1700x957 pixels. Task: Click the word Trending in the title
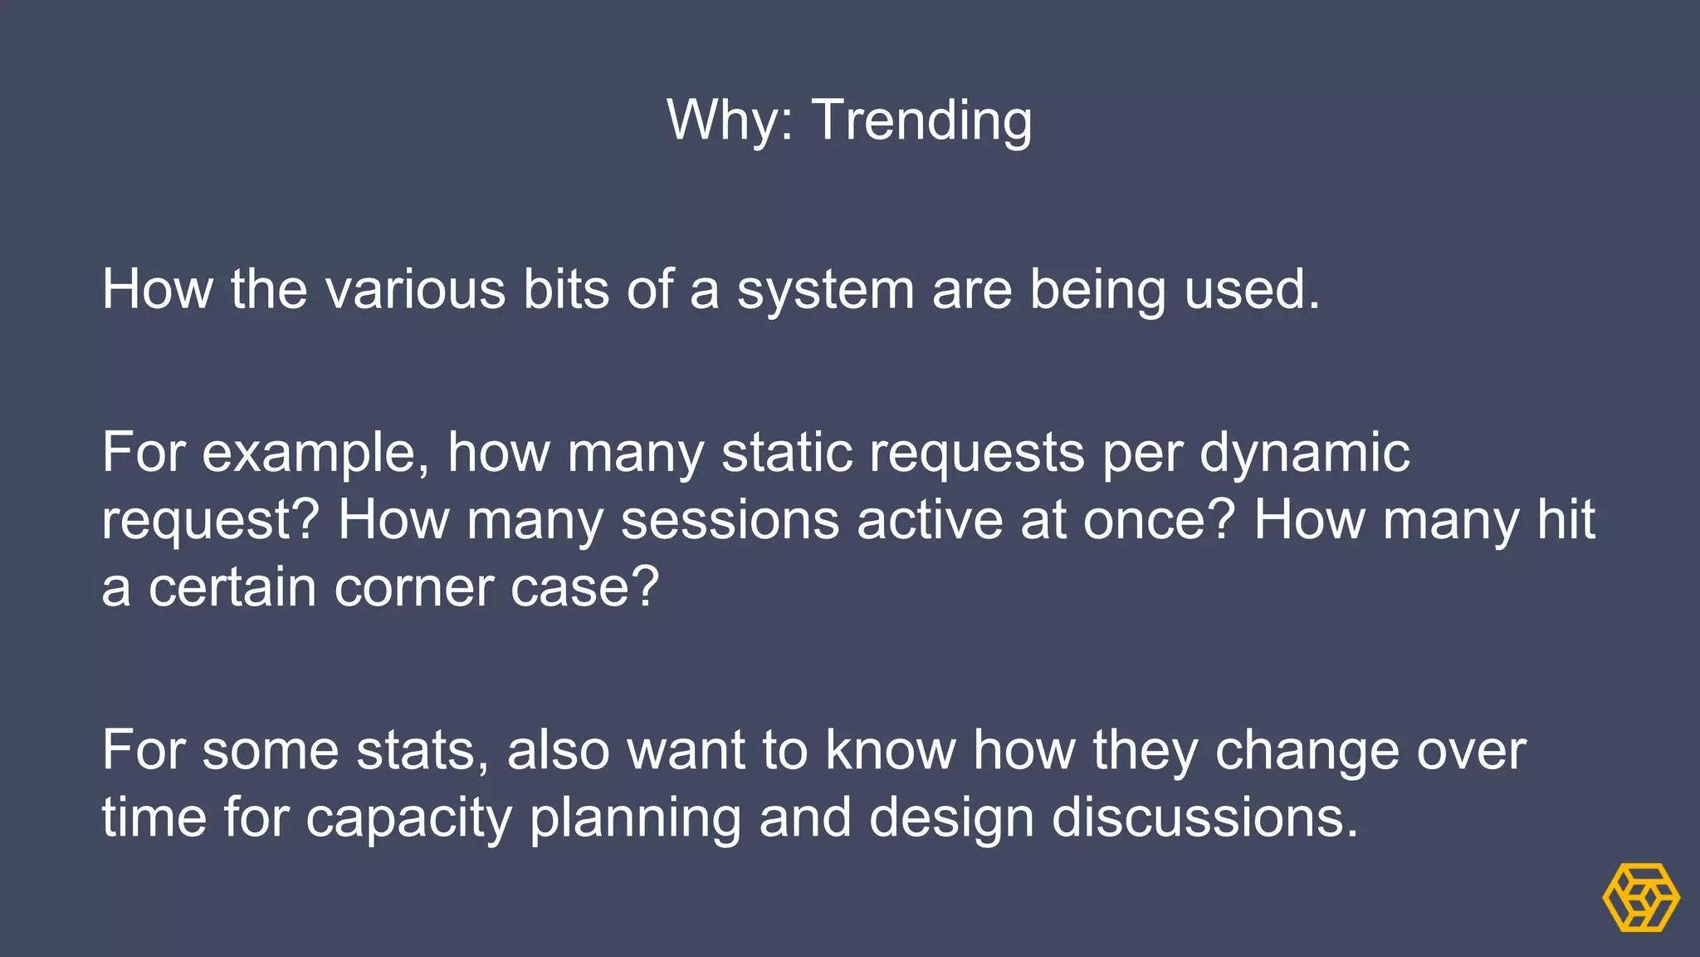click(921, 121)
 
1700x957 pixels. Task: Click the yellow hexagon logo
click(1640, 898)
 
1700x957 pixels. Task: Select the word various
click(415, 290)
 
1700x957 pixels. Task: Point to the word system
click(825, 292)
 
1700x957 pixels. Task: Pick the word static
click(787, 454)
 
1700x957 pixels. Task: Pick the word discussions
click(1204, 818)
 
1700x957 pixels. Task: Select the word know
click(890, 751)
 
